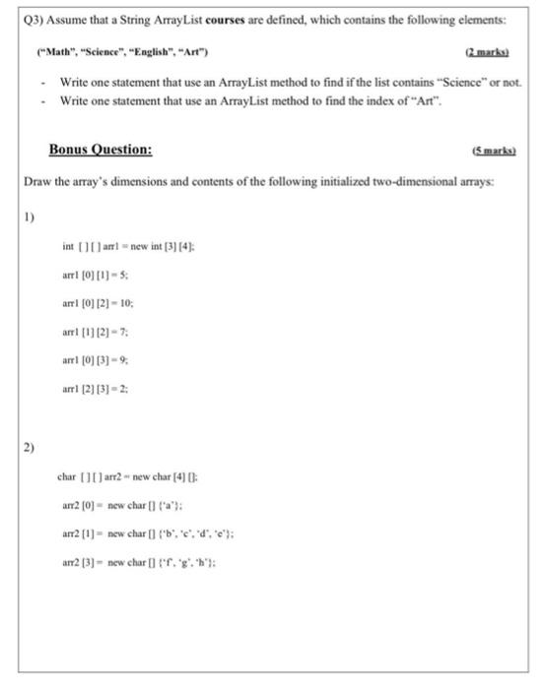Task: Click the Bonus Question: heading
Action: [101, 150]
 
